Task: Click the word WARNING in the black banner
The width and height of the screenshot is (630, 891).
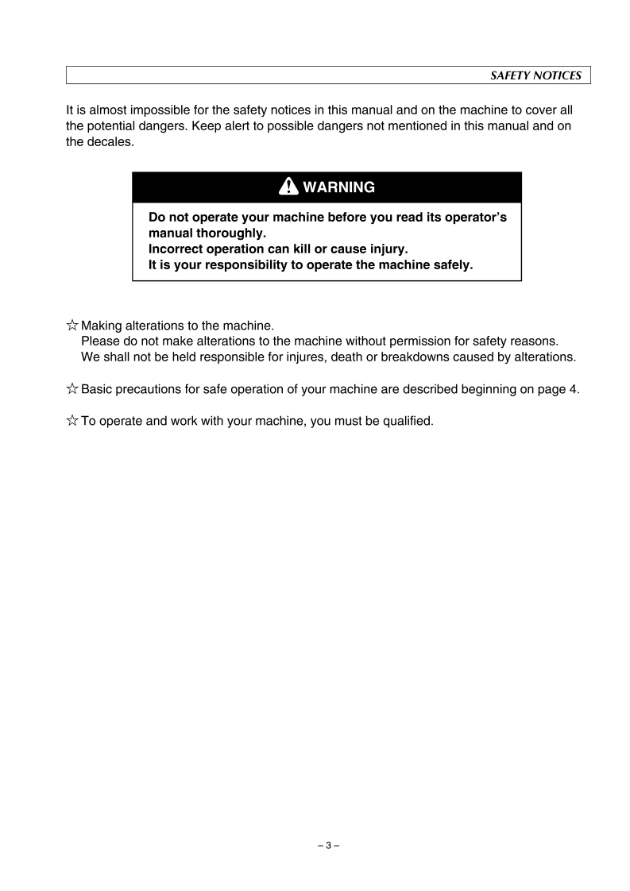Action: tap(338, 188)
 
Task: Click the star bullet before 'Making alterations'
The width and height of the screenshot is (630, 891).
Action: tap(72, 325)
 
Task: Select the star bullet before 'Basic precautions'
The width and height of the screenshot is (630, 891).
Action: tap(72, 388)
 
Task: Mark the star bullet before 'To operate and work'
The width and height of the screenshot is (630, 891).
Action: tap(72, 420)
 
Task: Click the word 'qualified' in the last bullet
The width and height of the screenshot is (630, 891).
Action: tap(408, 420)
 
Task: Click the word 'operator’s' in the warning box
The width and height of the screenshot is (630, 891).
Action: tap(473, 218)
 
